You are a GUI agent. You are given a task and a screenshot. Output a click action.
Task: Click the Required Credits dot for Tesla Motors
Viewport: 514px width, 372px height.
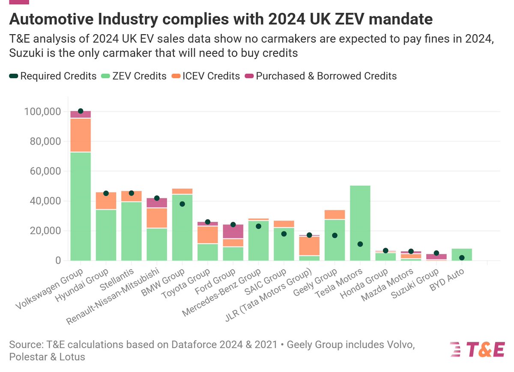360,244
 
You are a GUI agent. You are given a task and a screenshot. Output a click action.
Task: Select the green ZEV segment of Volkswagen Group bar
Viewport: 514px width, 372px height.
81,205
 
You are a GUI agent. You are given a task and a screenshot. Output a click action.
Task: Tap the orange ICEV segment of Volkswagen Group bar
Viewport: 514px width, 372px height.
81,135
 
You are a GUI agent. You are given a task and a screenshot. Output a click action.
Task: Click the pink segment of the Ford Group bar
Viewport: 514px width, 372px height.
233,232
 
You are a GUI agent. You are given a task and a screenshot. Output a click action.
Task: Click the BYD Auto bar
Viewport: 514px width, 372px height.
462,254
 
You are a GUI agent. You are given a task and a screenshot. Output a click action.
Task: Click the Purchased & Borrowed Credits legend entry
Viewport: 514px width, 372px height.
326,76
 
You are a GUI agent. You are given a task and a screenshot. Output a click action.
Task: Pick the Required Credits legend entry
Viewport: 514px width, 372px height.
58,76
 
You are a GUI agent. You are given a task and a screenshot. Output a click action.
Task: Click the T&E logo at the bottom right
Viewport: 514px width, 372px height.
478,349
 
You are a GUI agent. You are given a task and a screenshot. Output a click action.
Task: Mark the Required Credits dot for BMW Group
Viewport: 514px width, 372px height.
182,204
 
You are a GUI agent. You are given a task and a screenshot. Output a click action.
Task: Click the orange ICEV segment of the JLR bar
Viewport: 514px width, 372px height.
309,246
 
